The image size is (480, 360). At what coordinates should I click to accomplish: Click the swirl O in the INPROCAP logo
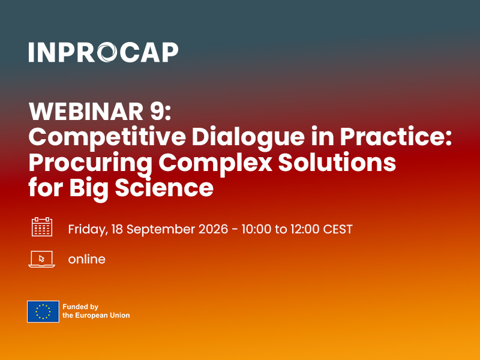click(x=107, y=52)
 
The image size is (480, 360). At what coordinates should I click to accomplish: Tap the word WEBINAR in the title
click(x=86, y=111)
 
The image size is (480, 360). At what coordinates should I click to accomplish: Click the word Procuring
click(x=91, y=163)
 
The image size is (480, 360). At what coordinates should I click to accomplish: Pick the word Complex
click(x=215, y=163)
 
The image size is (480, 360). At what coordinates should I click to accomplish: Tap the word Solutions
click(x=337, y=162)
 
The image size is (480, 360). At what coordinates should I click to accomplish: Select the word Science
click(x=164, y=188)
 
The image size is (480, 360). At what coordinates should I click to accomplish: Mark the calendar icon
click(x=42, y=227)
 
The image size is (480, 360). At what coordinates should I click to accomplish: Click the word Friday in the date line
click(x=88, y=229)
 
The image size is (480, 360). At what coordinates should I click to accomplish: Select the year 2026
click(x=214, y=229)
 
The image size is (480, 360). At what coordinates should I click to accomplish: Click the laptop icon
click(x=41, y=259)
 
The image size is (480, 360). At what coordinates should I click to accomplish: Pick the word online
click(x=86, y=259)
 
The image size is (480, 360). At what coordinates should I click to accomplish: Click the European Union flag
click(x=43, y=311)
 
